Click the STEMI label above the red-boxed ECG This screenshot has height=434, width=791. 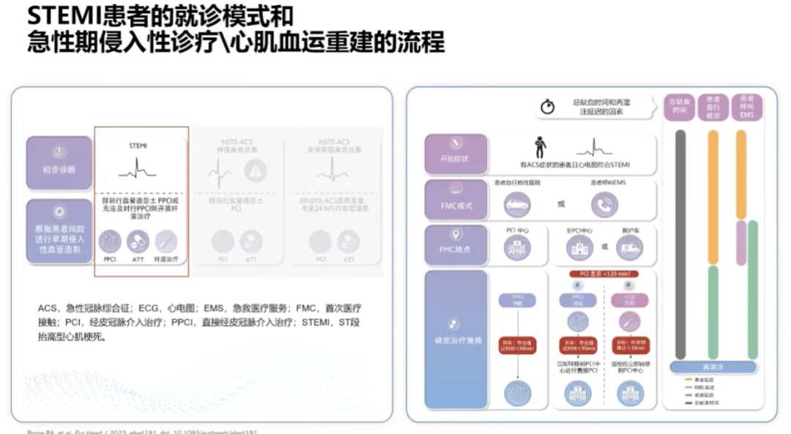pyautogui.click(x=138, y=146)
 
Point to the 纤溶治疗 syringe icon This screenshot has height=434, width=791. pyautogui.click(x=166, y=241)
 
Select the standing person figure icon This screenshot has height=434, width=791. pyautogui.click(x=541, y=146)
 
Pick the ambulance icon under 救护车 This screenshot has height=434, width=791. pyautogui.click(x=630, y=250)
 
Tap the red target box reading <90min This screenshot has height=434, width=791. pyautogui.click(x=578, y=344)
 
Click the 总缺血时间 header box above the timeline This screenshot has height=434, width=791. pyautogui.click(x=679, y=107)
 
